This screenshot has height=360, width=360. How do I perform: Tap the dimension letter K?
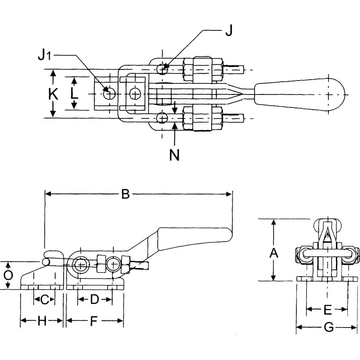coord(53,94)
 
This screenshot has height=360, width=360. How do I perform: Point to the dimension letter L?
coord(74,94)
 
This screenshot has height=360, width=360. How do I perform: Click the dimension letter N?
coord(174,155)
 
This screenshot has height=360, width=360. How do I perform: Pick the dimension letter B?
coord(125,194)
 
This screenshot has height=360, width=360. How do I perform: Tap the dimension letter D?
coord(94,300)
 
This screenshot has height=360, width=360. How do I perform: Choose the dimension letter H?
coord(41,321)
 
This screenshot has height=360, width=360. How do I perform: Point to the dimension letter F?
coord(94,321)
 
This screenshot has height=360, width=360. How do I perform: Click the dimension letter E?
coord(327,310)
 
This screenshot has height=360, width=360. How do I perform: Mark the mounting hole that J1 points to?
coord(110,93)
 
